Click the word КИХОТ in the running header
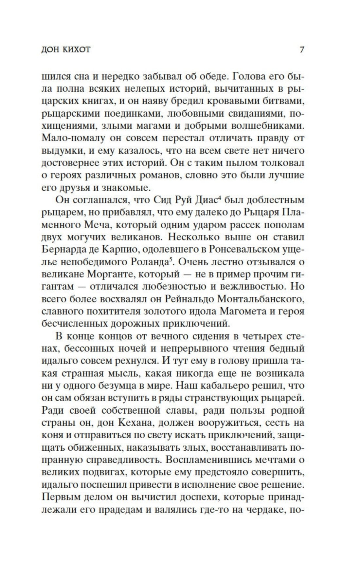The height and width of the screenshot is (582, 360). pyautogui.click(x=78, y=50)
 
